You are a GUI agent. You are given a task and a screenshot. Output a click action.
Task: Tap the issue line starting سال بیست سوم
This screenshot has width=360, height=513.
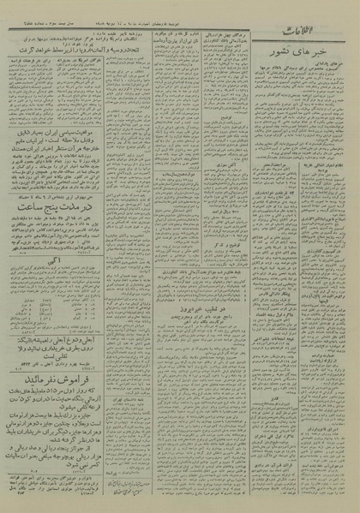pos(52,13)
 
